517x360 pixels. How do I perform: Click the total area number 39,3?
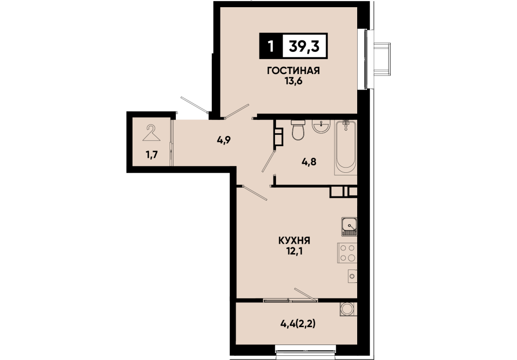[304, 46]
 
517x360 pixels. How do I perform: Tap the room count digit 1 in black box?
[271, 46]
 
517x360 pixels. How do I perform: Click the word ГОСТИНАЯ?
[293, 70]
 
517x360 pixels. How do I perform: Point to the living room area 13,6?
[293, 81]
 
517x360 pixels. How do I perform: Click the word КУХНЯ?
[294, 241]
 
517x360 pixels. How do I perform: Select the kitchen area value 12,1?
[294, 251]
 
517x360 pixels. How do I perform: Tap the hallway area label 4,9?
[224, 140]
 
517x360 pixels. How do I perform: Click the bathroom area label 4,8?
[309, 161]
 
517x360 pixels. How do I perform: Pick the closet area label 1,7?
[152, 154]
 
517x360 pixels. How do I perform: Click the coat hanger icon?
[151, 133]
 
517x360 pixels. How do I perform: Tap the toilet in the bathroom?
[299, 130]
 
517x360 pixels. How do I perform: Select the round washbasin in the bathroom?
[321, 127]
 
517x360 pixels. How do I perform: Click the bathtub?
[345, 147]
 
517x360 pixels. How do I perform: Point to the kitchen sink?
[349, 227]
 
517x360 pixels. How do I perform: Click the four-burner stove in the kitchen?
[347, 253]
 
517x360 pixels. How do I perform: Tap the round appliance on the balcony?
[347, 309]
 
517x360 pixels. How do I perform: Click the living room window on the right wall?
[366, 59]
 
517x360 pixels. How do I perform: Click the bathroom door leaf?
[268, 161]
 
